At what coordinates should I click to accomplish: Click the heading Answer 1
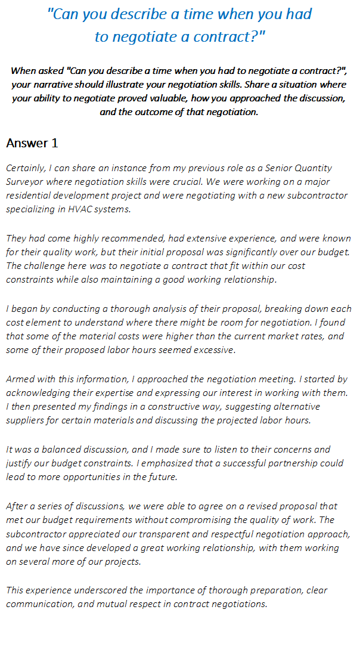click(32, 144)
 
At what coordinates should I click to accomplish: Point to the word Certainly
click(24, 168)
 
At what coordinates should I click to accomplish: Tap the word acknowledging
click(38, 392)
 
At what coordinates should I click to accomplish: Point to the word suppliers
click(26, 420)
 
